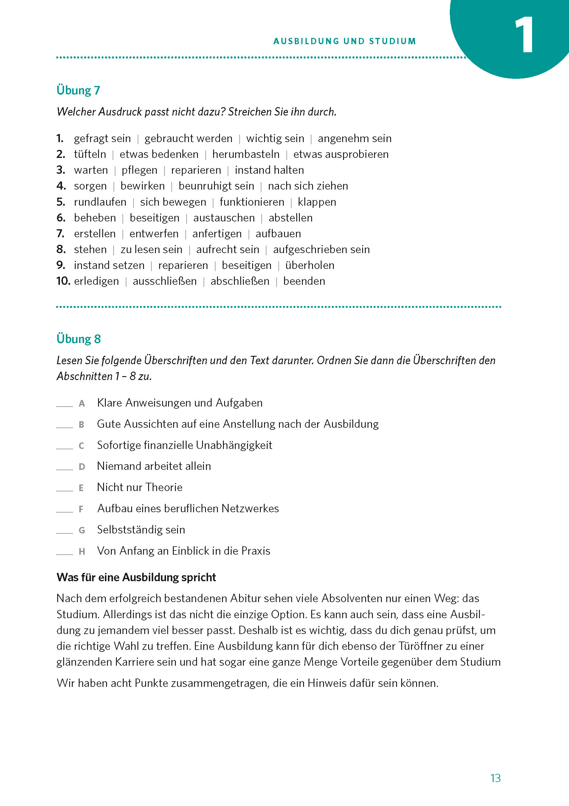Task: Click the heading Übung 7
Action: point(78,90)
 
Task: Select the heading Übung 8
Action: point(78,339)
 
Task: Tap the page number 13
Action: point(495,778)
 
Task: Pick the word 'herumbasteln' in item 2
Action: point(246,154)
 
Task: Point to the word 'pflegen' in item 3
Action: point(139,170)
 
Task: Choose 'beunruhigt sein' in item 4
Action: point(216,186)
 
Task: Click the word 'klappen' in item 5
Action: point(317,202)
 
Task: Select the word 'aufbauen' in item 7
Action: point(278,233)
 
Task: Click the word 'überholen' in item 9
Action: point(310,265)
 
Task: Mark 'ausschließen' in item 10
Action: point(165,281)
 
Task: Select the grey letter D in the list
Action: point(82,467)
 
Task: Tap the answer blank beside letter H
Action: point(64,553)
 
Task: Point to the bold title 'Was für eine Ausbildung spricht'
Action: point(136,577)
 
